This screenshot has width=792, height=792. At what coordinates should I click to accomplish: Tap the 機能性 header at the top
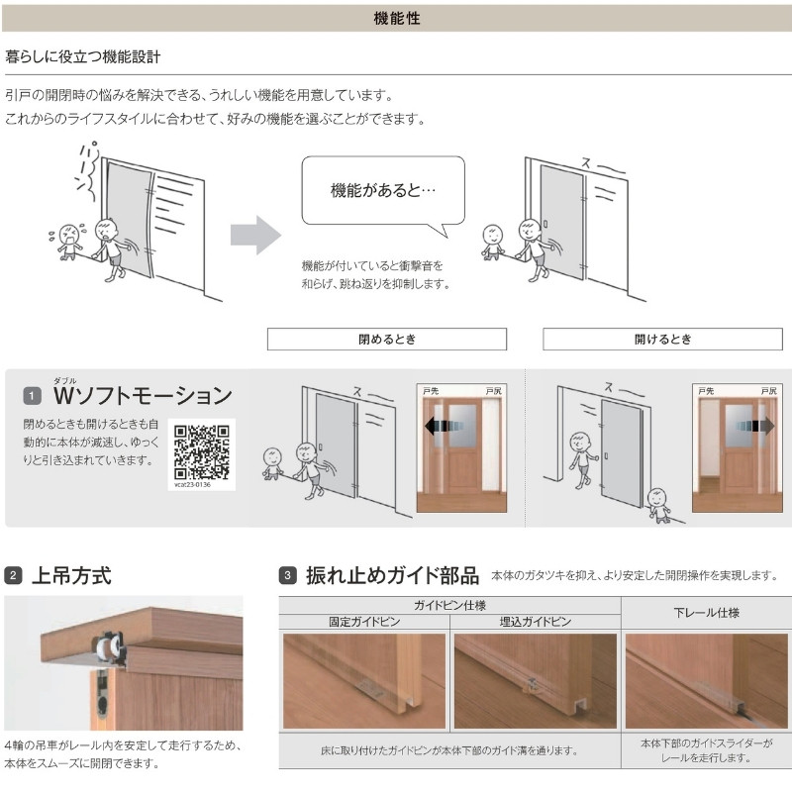[x=396, y=17]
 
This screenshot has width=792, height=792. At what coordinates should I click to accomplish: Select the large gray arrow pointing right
[x=254, y=236]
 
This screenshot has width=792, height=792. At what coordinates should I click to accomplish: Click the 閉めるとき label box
[x=386, y=339]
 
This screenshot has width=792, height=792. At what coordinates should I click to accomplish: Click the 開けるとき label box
[x=662, y=339]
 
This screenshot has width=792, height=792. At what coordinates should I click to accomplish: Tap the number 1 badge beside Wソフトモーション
[x=32, y=397]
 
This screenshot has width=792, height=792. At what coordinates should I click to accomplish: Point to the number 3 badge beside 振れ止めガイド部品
[x=287, y=574]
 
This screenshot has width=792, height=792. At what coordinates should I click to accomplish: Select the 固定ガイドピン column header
[x=363, y=623]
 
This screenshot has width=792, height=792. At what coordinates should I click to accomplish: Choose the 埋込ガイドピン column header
[x=535, y=623]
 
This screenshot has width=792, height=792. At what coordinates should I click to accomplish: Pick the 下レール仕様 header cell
[x=706, y=613]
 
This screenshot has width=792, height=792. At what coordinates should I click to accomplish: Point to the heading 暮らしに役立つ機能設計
[x=83, y=58]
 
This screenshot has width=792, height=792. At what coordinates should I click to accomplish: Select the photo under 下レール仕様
[x=706, y=680]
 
